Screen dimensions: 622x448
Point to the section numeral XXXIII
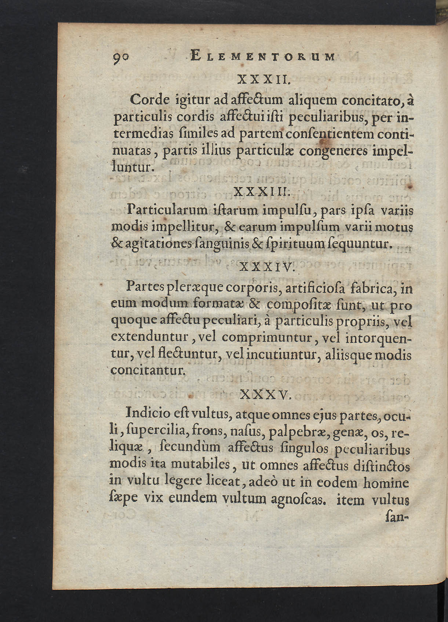(262, 192)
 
